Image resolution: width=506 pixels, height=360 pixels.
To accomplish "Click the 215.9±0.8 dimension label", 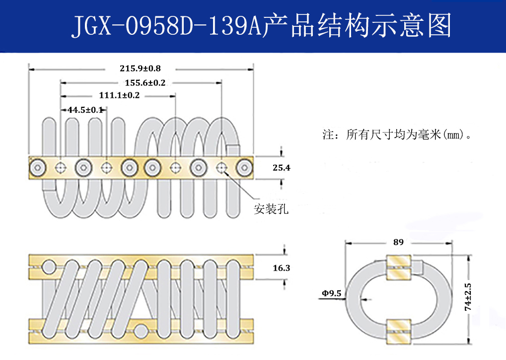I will coord(140,68).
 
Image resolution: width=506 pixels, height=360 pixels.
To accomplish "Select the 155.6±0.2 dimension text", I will coord(145,83).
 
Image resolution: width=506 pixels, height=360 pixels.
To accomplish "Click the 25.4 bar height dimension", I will coord(281,168).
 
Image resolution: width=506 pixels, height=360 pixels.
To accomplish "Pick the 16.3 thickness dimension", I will coord(281,268).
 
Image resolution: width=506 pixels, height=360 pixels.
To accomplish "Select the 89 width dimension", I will coord(398,242).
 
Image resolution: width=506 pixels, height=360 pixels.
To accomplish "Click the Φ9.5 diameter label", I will coord(331,293).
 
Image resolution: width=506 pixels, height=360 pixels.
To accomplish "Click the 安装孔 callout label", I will coord(271,209).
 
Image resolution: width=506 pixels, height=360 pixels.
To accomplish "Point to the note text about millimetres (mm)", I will coord(396,135).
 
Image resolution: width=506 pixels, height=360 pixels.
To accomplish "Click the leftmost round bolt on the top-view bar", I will coord(38,168).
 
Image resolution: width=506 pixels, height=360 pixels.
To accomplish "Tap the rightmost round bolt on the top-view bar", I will coord(244,168).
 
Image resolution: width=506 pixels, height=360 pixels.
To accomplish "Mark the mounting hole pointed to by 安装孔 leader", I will coord(221,168).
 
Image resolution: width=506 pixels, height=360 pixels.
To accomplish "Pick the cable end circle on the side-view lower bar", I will coord(142,330).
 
